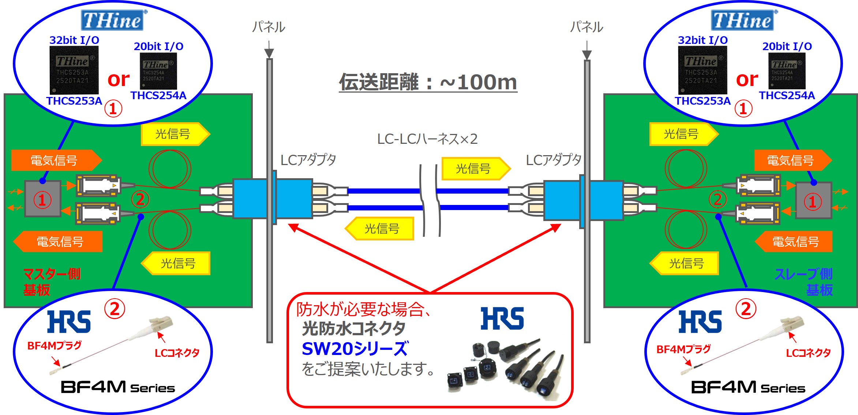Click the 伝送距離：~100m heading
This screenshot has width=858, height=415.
click(428, 82)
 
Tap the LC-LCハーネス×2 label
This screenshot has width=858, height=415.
click(427, 139)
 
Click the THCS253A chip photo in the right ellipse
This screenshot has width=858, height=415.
click(702, 70)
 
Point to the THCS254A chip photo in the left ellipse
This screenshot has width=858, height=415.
click(158, 71)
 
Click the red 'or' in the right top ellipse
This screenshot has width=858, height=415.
click(747, 79)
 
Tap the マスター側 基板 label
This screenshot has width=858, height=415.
click(52, 282)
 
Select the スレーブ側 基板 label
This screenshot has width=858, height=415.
click(804, 282)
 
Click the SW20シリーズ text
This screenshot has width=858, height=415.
click(355, 349)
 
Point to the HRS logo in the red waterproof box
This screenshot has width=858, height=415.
click(502, 318)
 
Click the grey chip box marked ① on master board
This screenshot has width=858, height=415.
click(42, 199)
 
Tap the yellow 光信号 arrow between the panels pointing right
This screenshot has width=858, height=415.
click(476, 169)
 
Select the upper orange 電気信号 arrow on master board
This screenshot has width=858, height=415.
click(56, 160)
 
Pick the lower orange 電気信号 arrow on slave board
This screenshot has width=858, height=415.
click(794, 242)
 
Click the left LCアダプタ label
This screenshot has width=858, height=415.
click(308, 160)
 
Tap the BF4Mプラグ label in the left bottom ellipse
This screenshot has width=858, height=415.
click(55, 345)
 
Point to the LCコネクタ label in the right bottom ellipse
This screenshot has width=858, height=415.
click(808, 353)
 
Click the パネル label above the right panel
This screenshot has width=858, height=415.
click(587, 27)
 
